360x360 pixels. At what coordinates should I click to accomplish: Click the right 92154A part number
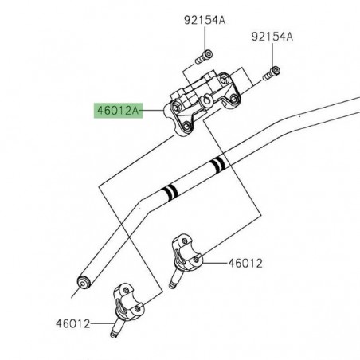pos(272,36)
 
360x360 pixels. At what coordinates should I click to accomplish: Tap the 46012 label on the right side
pos(245,262)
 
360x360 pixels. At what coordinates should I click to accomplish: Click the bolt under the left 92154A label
pos(204,55)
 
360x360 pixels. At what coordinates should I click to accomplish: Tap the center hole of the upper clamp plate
pos(205,100)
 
